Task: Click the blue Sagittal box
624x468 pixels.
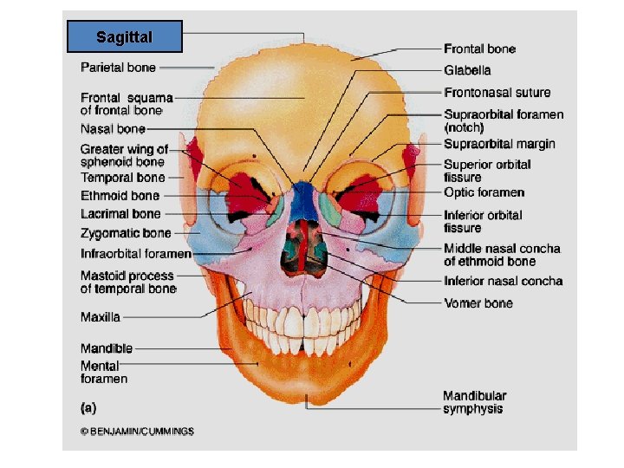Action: [x=125, y=37]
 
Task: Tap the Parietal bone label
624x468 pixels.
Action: [x=119, y=67]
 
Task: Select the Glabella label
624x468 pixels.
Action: [x=467, y=70]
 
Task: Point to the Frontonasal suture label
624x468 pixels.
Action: [x=497, y=92]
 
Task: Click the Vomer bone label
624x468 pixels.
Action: [x=478, y=303]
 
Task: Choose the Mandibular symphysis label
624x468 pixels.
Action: [x=475, y=402]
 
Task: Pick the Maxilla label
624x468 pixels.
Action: [x=101, y=317]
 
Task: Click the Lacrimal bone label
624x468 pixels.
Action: [x=120, y=213]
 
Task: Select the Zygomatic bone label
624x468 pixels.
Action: [x=126, y=233]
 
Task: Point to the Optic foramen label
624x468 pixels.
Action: [x=484, y=192]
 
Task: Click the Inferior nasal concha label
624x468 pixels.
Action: [x=503, y=281]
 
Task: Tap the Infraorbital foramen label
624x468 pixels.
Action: [x=135, y=254]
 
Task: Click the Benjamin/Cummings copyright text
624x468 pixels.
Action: [x=137, y=431]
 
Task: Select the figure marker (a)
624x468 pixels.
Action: [x=88, y=406]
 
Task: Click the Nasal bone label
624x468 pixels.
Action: [x=113, y=129]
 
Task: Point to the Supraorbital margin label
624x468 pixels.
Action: [x=499, y=144]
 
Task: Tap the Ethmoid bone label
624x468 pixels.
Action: [x=120, y=196]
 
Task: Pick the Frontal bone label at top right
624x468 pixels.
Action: [x=479, y=49]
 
